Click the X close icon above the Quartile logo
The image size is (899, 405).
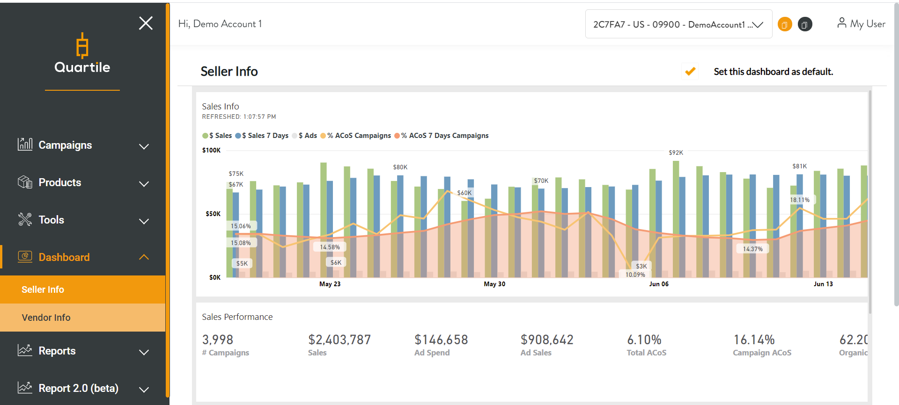(146, 23)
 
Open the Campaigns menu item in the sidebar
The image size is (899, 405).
(65, 145)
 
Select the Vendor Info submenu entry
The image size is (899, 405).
(46, 318)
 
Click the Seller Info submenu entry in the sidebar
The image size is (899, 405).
(43, 289)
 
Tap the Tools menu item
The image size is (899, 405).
(51, 220)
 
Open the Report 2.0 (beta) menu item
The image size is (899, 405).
(78, 388)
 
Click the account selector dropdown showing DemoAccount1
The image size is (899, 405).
(678, 24)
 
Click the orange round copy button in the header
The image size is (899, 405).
(785, 24)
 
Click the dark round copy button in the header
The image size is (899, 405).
(804, 24)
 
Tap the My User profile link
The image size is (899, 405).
(861, 23)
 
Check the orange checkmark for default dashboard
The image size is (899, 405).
(690, 72)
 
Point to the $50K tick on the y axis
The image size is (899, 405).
(213, 214)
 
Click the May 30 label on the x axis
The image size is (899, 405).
(494, 284)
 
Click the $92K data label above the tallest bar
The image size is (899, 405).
(676, 153)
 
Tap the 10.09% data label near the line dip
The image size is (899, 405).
(635, 275)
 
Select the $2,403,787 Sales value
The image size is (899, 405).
(339, 340)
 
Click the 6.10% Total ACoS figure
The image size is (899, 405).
(644, 340)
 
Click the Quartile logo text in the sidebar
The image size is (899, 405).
(82, 67)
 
